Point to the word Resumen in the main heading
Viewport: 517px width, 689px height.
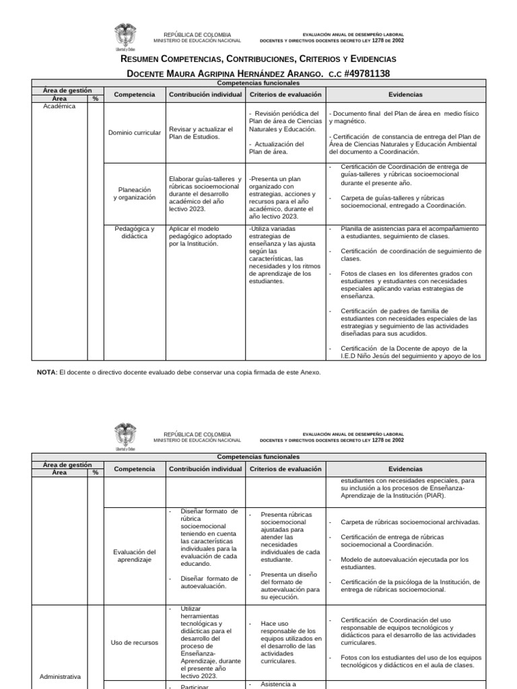[143, 60]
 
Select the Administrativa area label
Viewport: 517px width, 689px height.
[57, 676]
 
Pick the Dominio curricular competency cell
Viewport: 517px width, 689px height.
[135, 133]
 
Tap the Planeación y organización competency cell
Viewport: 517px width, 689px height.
[135, 194]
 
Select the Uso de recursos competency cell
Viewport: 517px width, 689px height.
[135, 642]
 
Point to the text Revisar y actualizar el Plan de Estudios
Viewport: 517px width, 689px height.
[201, 133]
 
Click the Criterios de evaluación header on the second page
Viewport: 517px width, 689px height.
[285, 468]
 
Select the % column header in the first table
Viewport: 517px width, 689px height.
[96, 98]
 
